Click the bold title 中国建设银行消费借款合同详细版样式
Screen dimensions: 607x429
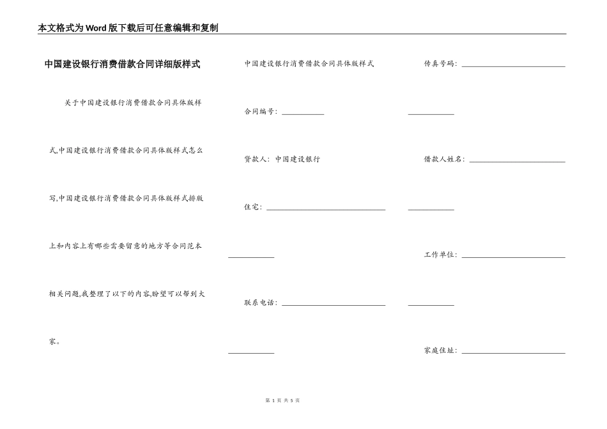click(x=122, y=64)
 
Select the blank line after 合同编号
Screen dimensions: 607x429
click(x=303, y=114)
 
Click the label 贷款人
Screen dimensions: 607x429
click(x=256, y=159)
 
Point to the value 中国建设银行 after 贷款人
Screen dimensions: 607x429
click(x=298, y=159)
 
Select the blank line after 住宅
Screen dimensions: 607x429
click(x=326, y=209)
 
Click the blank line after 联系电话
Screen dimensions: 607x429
click(x=334, y=305)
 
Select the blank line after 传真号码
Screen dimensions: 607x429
click(x=514, y=66)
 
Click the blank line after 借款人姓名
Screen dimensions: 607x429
click(x=518, y=162)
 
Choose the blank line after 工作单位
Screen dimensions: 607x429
click(x=514, y=257)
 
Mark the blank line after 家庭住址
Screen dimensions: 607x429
click(x=514, y=352)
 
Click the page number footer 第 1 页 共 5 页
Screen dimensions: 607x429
click(x=282, y=400)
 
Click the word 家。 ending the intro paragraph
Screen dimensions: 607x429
click(x=55, y=342)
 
